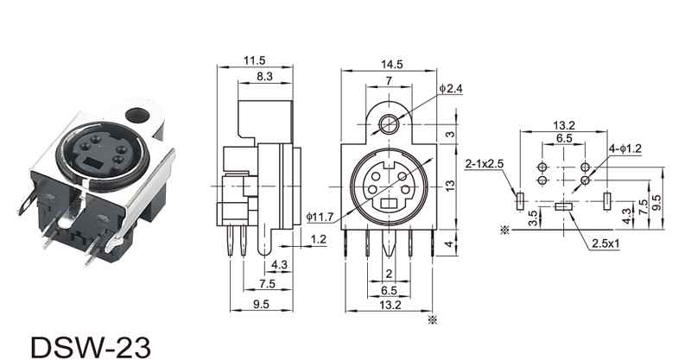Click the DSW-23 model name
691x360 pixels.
pyautogui.click(x=91, y=348)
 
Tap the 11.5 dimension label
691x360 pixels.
pyautogui.click(x=255, y=60)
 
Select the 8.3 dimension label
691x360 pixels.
pyautogui.click(x=264, y=76)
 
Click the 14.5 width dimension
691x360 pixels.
pyautogui.click(x=392, y=65)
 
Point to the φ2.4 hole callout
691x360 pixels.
pyautogui.click(x=451, y=89)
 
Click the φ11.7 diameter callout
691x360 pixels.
pyautogui.click(x=320, y=217)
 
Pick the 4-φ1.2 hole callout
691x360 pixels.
pyautogui.click(x=625, y=148)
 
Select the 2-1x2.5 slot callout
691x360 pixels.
pyautogui.click(x=485, y=164)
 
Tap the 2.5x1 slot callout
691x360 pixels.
pyautogui.click(x=605, y=243)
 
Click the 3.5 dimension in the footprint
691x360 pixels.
pyautogui.click(x=532, y=218)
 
